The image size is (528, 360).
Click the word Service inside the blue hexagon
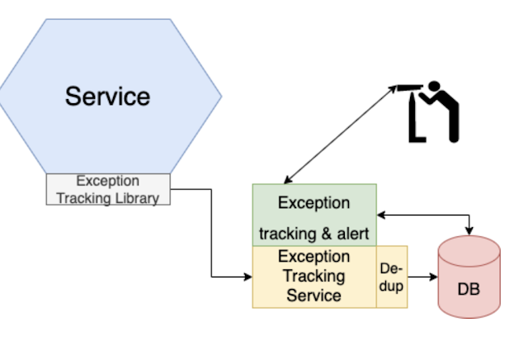pyautogui.click(x=108, y=97)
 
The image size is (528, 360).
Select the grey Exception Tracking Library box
pyautogui.click(x=108, y=189)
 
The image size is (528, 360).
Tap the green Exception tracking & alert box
pyautogui.click(x=314, y=215)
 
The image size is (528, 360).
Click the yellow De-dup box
pyautogui.click(x=392, y=277)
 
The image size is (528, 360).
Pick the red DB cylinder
pyautogui.click(x=469, y=277)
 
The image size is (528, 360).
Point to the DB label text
pyautogui.click(x=469, y=289)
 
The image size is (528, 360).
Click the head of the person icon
pyautogui.click(x=434, y=87)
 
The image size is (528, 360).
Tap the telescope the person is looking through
pyautogui.click(x=410, y=88)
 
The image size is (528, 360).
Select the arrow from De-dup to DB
pyautogui.click(x=422, y=277)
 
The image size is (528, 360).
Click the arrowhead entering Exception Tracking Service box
pyautogui.click(x=248, y=277)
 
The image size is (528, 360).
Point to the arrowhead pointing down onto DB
pyautogui.click(x=469, y=231)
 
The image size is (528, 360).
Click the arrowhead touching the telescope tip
pyautogui.click(x=393, y=89)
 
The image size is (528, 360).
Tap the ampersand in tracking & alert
pyautogui.click(x=327, y=234)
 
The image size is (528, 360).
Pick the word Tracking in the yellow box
pyautogui.click(x=314, y=277)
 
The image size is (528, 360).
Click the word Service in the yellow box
pyautogui.click(x=314, y=296)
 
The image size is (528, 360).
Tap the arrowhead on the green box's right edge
pyautogui.click(x=381, y=215)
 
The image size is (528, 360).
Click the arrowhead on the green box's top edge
pyautogui.click(x=289, y=180)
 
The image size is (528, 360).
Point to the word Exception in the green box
pyautogui.click(x=314, y=203)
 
